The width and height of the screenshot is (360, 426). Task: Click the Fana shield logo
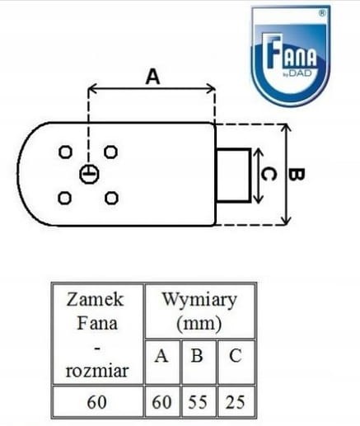pos(291,56)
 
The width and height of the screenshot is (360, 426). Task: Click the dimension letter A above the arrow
pos(152,77)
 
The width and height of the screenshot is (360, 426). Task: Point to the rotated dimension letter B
pos(297,175)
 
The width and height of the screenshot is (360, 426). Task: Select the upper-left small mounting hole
pos(66,152)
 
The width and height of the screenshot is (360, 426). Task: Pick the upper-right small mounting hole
pos(111,152)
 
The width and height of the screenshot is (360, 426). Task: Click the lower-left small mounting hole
pos(65,198)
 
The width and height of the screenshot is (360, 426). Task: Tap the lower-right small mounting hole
pos(111,198)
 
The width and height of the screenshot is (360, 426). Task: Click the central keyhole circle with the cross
pos(89,174)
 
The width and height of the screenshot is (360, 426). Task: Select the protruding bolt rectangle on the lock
pos(234,176)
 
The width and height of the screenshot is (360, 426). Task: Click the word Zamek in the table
pos(95,299)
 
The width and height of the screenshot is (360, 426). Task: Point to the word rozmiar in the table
pos(97,371)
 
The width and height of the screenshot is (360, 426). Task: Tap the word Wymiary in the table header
pos(199,301)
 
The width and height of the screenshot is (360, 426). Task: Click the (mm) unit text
pos(199,324)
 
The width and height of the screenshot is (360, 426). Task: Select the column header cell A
pos(162,362)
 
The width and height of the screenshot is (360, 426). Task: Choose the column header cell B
pos(199,362)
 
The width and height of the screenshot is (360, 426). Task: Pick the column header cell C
pos(236,362)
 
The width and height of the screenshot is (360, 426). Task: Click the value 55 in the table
pos(198,402)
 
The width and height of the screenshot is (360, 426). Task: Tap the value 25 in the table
pos(235,402)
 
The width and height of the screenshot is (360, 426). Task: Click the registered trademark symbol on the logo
pos(322,13)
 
